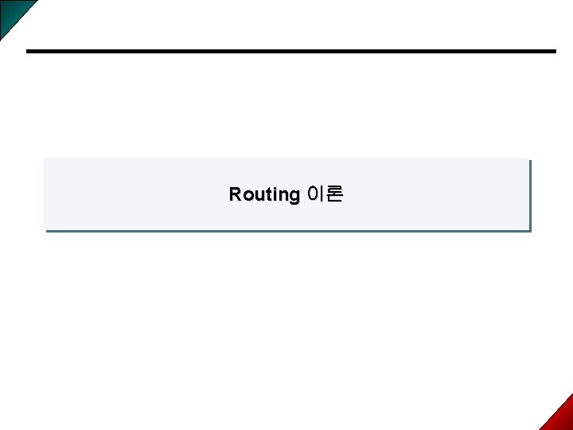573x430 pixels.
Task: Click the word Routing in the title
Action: pyautogui.click(x=263, y=194)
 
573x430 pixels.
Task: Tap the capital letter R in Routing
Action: pyautogui.click(x=235, y=194)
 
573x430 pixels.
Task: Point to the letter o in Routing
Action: pyautogui.click(x=246, y=195)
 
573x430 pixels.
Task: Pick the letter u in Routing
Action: pyautogui.click(x=256, y=195)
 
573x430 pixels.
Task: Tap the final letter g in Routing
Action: pyautogui.click(x=292, y=196)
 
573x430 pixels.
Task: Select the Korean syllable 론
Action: pyautogui.click(x=334, y=193)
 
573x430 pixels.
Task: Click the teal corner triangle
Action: pyautogui.click(x=12, y=12)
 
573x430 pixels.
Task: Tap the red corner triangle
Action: pyautogui.click(x=560, y=416)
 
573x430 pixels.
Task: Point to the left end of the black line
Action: pyautogui.click(x=28, y=52)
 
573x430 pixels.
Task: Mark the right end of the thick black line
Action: pyautogui.click(x=554, y=52)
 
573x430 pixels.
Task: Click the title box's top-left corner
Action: pyautogui.click(x=45, y=158)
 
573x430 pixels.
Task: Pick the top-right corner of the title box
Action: pyautogui.click(x=529, y=159)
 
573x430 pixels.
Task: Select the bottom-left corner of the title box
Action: pyautogui.click(x=45, y=231)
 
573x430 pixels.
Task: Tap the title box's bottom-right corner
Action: pyautogui.click(x=529, y=231)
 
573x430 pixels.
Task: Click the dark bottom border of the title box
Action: pyautogui.click(x=286, y=231)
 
